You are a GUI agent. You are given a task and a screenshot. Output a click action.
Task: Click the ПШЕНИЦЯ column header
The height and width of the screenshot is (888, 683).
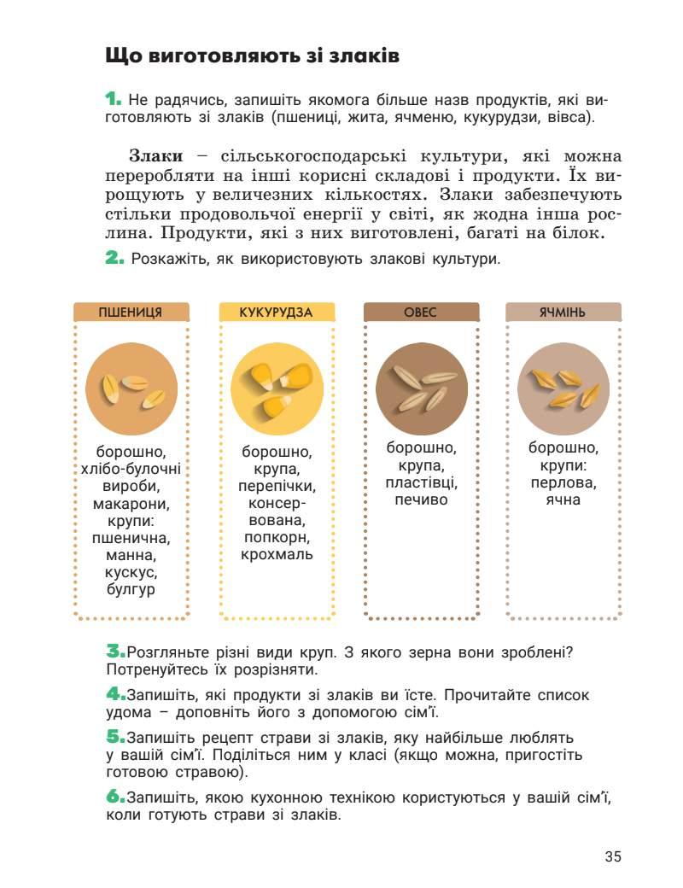point(131,312)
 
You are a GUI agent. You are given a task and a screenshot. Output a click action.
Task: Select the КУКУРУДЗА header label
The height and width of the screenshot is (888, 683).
point(276,312)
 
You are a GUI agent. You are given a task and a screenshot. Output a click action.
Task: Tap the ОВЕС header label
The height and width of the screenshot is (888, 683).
point(420,312)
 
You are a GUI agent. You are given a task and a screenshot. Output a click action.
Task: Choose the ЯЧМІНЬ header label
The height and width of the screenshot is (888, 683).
point(562,312)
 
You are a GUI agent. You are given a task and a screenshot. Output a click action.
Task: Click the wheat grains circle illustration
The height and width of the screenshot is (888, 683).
point(131,389)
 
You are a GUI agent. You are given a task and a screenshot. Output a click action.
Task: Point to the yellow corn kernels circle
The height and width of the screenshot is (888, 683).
point(276,389)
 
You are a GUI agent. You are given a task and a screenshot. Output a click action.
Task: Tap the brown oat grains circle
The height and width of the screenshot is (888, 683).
point(421,389)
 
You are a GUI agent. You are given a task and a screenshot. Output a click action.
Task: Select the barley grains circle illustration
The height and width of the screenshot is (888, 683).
point(563,389)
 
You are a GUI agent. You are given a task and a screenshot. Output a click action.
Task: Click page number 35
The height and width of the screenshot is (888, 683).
point(612,856)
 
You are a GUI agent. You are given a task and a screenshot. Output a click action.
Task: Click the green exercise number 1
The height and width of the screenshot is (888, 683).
point(114,100)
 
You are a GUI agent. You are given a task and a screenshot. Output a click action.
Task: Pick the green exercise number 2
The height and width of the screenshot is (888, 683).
point(114,257)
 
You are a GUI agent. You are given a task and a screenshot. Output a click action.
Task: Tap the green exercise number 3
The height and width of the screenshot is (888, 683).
point(114,651)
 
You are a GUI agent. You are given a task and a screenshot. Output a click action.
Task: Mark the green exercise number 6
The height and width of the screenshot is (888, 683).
point(114,797)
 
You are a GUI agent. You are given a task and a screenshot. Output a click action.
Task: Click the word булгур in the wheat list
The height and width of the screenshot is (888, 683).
point(131,590)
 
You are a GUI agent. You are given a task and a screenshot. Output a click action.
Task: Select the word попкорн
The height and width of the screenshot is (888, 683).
point(276,537)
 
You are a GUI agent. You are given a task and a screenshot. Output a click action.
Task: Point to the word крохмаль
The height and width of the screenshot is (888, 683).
point(276,554)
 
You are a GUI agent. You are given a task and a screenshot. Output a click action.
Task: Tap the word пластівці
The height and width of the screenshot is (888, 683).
point(421,482)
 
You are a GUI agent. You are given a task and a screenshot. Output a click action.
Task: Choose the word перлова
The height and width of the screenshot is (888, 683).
point(563,482)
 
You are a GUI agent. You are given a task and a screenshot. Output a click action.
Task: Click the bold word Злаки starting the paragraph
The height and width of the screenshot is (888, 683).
point(155,156)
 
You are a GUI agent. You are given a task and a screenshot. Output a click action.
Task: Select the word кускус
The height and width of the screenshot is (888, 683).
point(131,572)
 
